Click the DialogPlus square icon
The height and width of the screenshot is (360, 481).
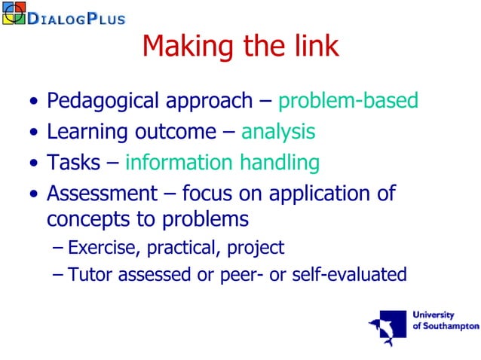pyautogui.click(x=14, y=13)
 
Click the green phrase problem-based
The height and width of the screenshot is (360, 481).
pyautogui.click(x=348, y=101)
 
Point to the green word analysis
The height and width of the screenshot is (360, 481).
pyautogui.click(x=278, y=132)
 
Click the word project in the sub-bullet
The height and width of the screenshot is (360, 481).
pyautogui.click(x=258, y=247)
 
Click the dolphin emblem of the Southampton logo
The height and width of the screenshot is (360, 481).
pyautogui.click(x=387, y=326)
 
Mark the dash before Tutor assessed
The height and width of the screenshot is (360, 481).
pyautogui.click(x=59, y=275)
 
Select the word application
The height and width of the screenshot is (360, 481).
pyautogui.click(x=335, y=194)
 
